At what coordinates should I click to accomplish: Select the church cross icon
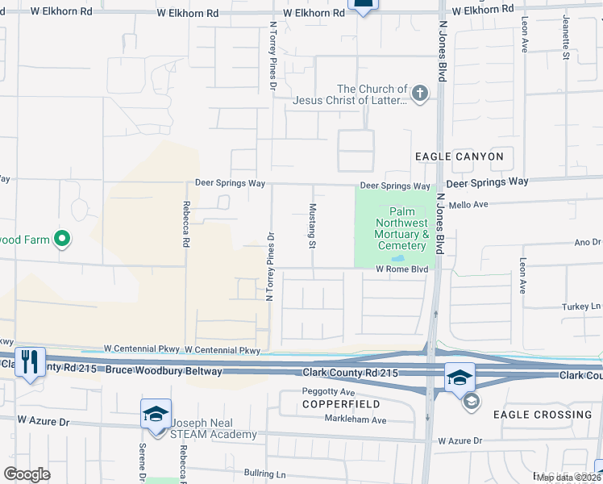coord(419,94)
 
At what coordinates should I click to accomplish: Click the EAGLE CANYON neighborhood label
coord(459,156)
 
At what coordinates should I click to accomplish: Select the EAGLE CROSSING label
coord(543,415)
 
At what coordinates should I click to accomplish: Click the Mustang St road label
coord(312,225)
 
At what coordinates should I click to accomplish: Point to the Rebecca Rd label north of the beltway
coord(186,223)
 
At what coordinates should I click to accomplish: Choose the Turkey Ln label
coord(582,307)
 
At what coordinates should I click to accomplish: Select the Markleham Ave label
coord(356,420)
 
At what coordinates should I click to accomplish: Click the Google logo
coord(27,474)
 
